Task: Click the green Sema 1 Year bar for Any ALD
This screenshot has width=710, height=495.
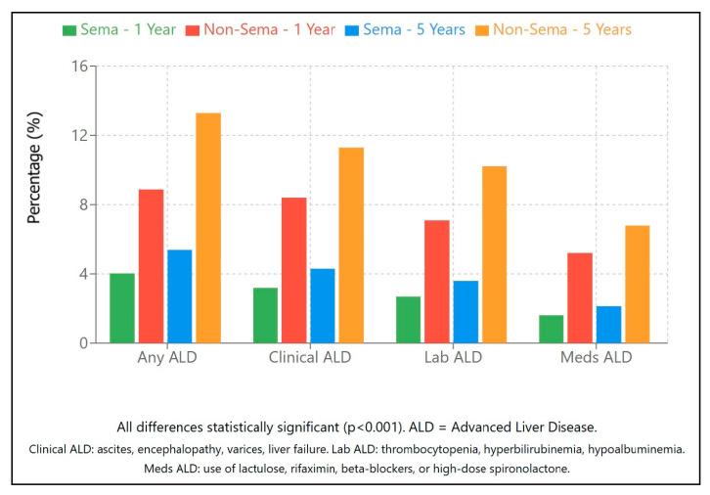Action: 122,308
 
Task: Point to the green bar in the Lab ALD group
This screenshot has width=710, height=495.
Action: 409,320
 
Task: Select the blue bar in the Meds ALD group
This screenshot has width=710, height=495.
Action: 608,325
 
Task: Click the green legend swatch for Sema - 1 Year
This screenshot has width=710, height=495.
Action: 68,29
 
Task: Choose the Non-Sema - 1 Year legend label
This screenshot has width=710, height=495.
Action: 269,29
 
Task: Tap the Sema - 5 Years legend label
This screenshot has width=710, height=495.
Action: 414,29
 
